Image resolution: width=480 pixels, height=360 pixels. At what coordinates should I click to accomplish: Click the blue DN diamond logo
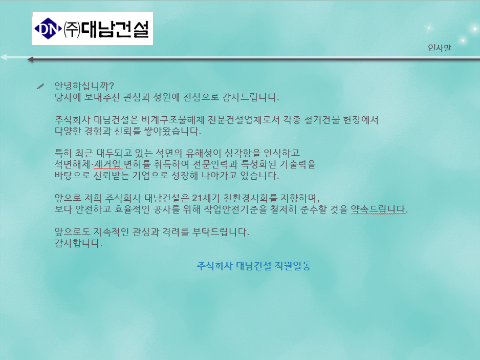tap(48, 29)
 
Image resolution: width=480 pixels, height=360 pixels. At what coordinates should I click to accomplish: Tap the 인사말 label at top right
tap(439, 48)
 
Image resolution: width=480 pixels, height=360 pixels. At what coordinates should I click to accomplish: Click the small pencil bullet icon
tap(40, 87)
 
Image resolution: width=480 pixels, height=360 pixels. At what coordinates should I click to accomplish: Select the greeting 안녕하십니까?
tap(84, 86)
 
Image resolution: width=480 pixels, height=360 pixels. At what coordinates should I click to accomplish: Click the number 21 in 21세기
tap(197, 198)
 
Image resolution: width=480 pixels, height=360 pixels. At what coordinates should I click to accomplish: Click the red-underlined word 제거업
tap(108, 164)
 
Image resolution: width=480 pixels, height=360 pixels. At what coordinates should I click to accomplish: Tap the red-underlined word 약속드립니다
tap(379, 209)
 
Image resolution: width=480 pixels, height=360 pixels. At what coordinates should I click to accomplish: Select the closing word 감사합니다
tap(78, 243)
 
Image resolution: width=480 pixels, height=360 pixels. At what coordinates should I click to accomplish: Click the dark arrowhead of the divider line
tap(30, 59)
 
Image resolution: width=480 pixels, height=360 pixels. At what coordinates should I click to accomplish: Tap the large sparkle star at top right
tap(429, 28)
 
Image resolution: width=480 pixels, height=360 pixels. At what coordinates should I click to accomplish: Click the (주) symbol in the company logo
tap(72, 30)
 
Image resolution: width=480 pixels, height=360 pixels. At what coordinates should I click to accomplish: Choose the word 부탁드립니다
tap(221, 232)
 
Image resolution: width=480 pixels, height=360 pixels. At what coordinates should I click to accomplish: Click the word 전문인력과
tap(215, 164)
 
